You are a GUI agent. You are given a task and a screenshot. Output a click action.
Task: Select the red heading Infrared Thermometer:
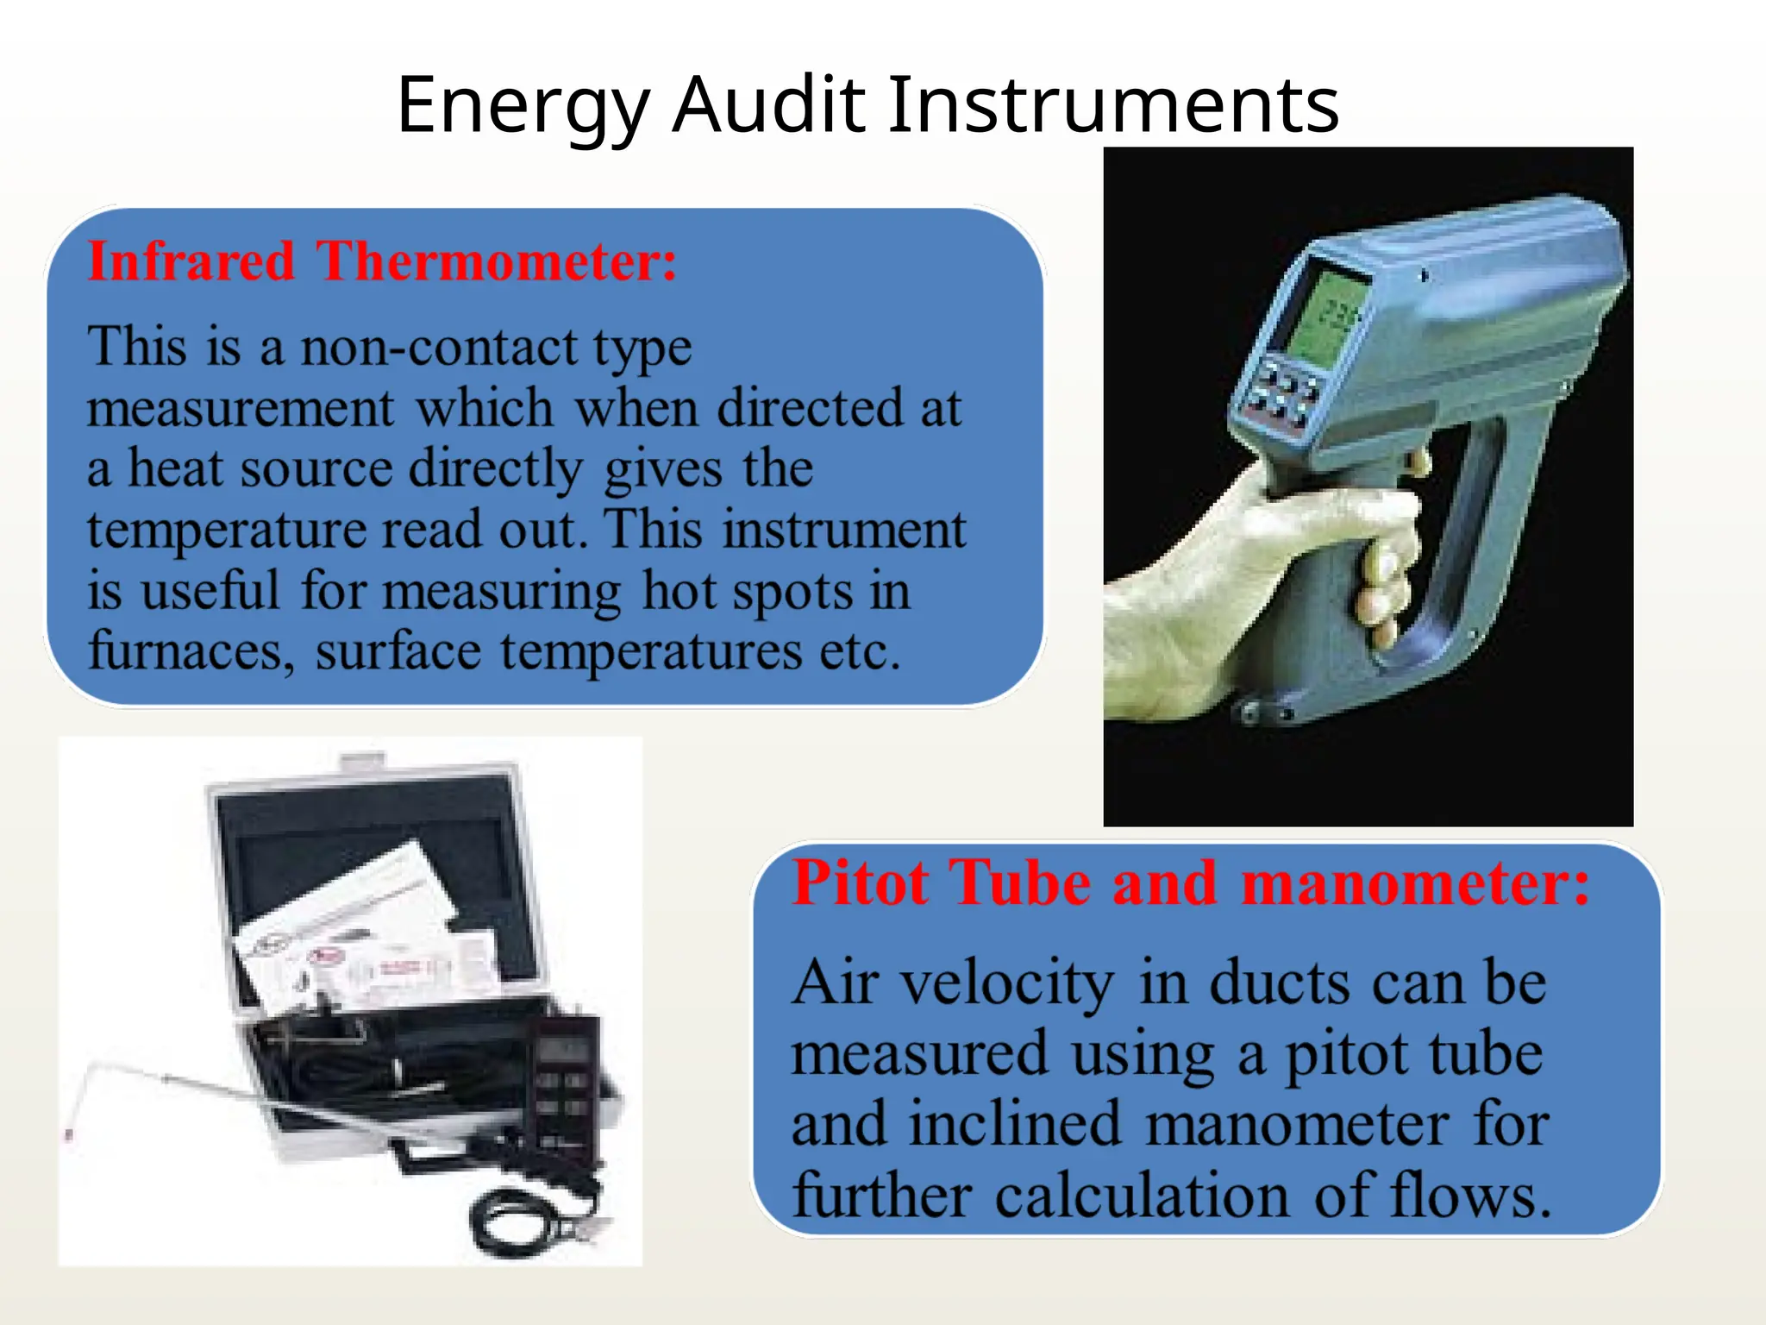pos(382,261)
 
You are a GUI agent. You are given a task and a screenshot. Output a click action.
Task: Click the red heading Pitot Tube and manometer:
pos(1191,883)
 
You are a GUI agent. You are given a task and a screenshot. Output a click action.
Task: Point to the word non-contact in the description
pos(439,347)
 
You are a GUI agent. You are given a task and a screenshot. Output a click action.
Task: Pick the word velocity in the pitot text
pos(1007,983)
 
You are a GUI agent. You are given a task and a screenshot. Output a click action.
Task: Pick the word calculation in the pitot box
pos(1142,1196)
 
